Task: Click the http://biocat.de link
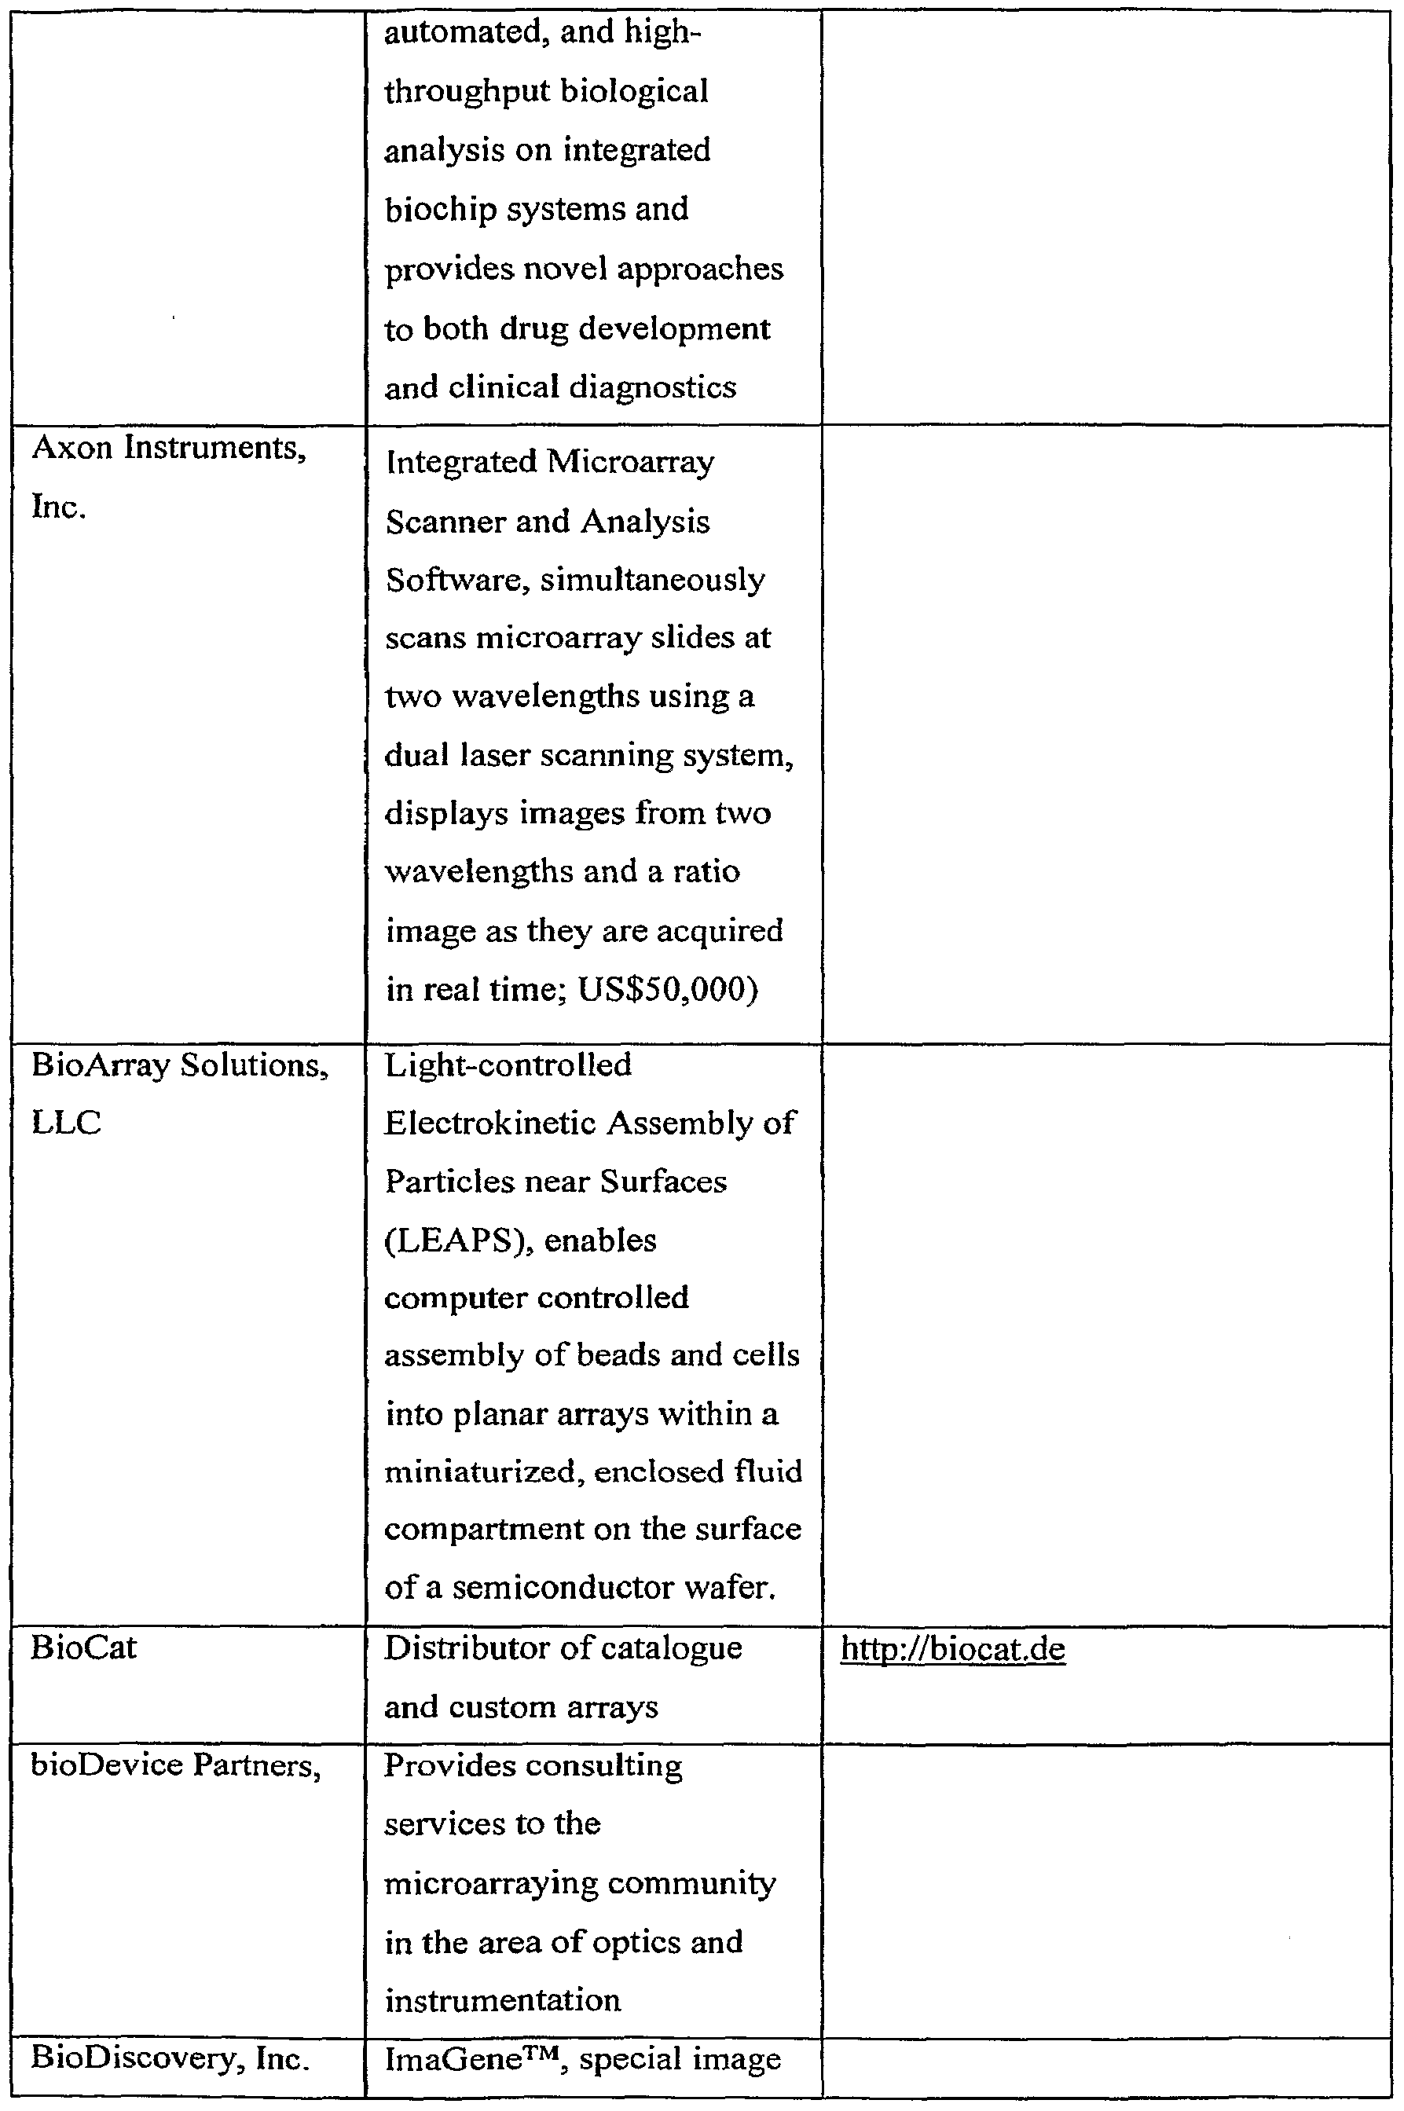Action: click(x=953, y=1649)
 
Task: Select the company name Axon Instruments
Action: click(x=169, y=448)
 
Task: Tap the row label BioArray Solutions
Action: click(x=180, y=1065)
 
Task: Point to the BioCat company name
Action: click(x=83, y=1647)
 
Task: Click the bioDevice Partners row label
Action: click(x=175, y=1765)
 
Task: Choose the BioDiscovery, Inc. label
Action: click(x=170, y=2058)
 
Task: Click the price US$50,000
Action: click(x=667, y=989)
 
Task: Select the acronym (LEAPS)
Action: click(x=455, y=1241)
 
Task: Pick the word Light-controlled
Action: click(x=508, y=1065)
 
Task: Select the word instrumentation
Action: click(x=502, y=1999)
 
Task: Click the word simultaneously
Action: click(x=652, y=580)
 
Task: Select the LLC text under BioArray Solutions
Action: click(x=66, y=1123)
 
